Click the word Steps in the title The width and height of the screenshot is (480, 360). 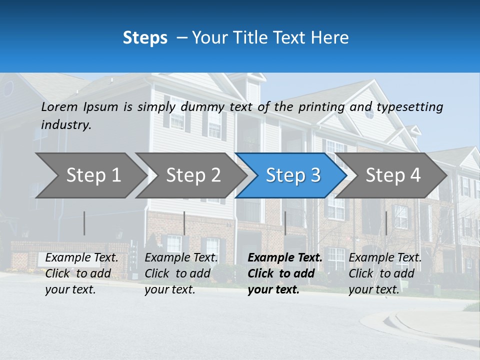pyautogui.click(x=145, y=38)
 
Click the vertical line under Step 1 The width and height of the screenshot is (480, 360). pyautogui.click(x=84, y=223)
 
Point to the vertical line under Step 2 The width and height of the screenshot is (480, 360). pyautogui.click(x=184, y=223)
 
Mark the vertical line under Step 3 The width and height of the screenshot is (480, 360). pyautogui.click(x=285, y=223)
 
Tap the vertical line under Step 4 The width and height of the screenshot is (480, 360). pyautogui.click(x=386, y=223)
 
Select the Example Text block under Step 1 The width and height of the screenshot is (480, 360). pyautogui.click(x=81, y=273)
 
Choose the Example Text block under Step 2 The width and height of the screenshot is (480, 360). pyautogui.click(x=181, y=273)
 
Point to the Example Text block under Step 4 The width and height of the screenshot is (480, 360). pyautogui.click(x=385, y=273)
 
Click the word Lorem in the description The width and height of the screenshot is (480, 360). pyautogui.click(x=59, y=107)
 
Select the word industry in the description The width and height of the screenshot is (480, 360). pyautogui.click(x=65, y=124)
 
